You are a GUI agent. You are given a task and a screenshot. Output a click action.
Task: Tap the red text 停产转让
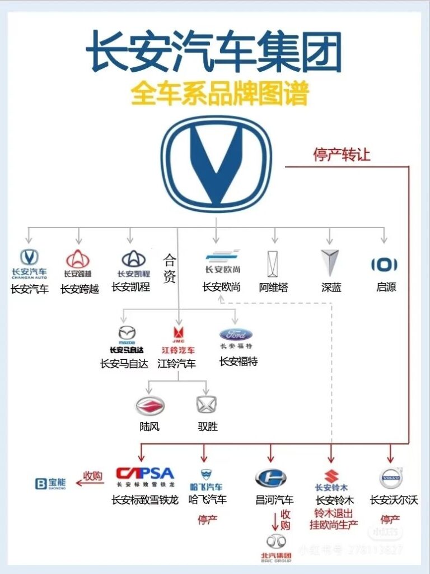tap(341, 155)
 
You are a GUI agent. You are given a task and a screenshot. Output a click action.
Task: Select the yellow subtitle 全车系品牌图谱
tap(219, 94)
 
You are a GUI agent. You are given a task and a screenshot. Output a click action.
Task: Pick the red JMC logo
tap(178, 332)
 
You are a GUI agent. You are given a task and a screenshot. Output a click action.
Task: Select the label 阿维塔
tap(274, 288)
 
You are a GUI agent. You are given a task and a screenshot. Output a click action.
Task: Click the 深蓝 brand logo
tap(331, 262)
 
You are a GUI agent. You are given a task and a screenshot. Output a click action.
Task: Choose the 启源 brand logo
tap(385, 265)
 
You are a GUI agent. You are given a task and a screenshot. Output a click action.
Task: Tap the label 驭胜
tap(207, 427)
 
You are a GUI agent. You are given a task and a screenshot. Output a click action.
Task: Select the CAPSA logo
tap(144, 474)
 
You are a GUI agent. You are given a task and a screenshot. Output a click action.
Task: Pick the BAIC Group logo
tap(276, 547)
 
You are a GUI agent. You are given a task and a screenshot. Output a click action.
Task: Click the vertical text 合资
tap(170, 269)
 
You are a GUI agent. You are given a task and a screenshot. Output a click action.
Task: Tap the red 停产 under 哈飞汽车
tap(207, 520)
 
